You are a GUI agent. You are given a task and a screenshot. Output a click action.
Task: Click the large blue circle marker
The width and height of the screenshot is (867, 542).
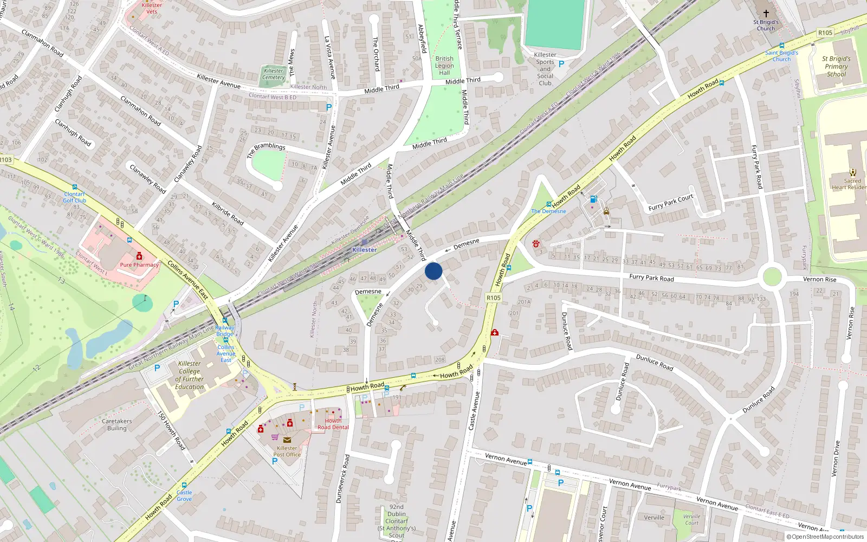point(433,271)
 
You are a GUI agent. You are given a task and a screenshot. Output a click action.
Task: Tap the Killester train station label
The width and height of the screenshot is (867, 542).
point(364,250)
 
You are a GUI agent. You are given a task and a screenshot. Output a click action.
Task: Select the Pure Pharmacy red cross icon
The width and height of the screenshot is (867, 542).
point(139,256)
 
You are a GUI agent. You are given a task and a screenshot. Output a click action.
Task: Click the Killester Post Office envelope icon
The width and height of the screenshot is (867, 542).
point(287,440)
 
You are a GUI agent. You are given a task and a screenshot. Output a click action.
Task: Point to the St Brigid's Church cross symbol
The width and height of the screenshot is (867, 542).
point(766,13)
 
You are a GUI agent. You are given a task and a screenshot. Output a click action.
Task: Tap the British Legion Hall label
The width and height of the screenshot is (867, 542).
point(444,66)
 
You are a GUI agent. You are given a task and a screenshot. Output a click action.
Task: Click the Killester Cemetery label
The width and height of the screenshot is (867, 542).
point(274,74)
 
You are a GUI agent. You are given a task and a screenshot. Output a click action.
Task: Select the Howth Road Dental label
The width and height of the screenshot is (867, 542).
point(333,424)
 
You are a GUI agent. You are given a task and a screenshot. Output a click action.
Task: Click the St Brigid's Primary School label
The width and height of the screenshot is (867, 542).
point(836,67)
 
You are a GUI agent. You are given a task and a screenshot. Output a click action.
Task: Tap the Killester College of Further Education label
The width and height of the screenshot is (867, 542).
point(190,375)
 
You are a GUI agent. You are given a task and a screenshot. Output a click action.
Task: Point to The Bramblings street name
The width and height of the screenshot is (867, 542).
point(266,150)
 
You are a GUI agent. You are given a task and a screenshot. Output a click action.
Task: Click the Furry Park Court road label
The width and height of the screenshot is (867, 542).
point(671,202)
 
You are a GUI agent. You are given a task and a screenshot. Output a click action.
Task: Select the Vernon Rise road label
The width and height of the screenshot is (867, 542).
point(819,280)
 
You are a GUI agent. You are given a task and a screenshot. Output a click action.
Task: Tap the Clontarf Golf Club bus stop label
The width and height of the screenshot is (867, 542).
point(74,197)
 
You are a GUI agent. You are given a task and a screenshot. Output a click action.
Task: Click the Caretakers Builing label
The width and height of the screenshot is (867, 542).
point(117,424)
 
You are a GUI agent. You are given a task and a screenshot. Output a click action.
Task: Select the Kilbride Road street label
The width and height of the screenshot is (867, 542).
point(228,214)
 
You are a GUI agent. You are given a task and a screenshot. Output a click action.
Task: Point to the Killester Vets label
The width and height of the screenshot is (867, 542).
point(152,8)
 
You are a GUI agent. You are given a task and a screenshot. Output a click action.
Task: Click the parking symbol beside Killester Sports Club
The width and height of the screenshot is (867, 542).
point(561,64)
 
